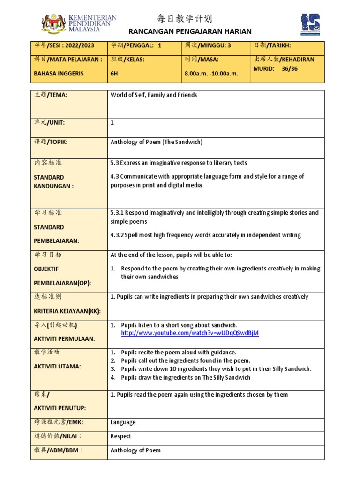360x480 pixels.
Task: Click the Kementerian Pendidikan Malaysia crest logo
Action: (x=53, y=24)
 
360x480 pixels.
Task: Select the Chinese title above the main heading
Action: (x=184, y=19)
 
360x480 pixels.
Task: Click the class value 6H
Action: (x=115, y=74)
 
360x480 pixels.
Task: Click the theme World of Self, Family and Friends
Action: (x=154, y=95)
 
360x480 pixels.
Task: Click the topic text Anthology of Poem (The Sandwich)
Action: (x=157, y=142)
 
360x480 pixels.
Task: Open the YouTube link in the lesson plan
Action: (x=190, y=333)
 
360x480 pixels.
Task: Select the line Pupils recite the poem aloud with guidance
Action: (x=178, y=352)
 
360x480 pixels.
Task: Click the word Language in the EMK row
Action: (x=123, y=422)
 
